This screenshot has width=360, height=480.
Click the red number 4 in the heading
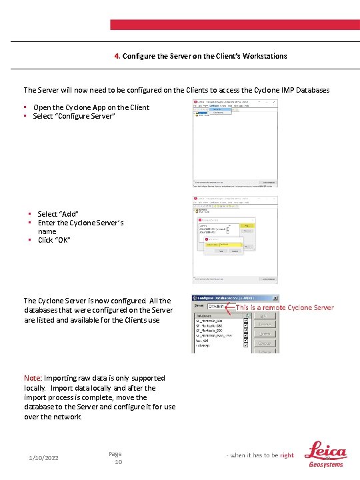[x=116, y=56]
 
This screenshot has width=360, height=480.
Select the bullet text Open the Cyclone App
[x=91, y=107]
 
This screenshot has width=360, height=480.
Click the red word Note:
[x=33, y=378]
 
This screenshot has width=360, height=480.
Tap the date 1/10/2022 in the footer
[x=44, y=458]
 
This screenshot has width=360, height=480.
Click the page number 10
[x=118, y=462]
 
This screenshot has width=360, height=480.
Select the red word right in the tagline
[x=287, y=455]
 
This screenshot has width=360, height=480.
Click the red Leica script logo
[x=325, y=451]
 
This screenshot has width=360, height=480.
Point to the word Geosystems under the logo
[x=325, y=465]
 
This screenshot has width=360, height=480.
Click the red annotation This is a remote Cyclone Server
[x=285, y=307]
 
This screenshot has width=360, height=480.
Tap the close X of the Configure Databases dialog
[x=275, y=298]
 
